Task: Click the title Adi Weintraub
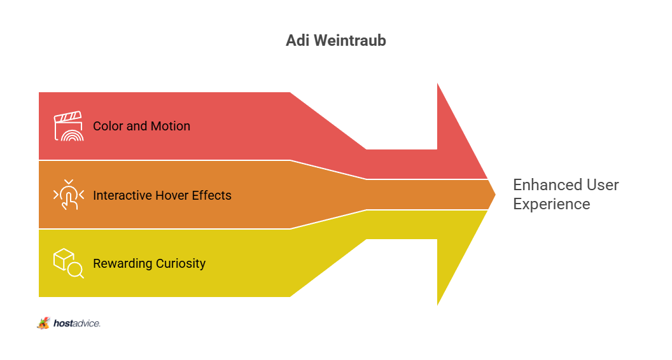pos(336,40)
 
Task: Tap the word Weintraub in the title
pos(350,40)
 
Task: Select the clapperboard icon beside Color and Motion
pos(69,126)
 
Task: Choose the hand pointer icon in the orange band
pos(69,195)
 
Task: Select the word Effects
pos(212,195)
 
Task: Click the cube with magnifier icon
pos(69,263)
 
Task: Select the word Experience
pos(552,204)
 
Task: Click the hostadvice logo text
pos(77,323)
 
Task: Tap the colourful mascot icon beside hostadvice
pos(43,323)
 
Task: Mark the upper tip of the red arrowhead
pos(438,83)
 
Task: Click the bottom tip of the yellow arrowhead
pos(438,305)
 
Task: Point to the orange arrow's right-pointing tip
pos(496,195)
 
